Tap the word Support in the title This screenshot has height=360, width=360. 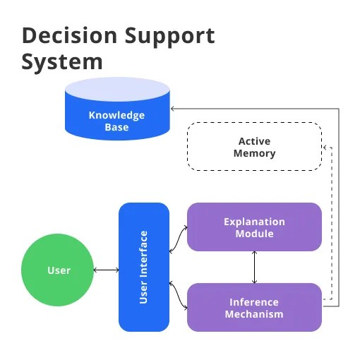click(167, 36)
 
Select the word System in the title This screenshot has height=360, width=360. click(62, 61)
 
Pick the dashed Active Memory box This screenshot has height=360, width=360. click(254, 147)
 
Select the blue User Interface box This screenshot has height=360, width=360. click(144, 267)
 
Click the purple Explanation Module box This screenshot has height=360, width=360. click(254, 227)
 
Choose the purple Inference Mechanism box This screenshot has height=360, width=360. click(254, 307)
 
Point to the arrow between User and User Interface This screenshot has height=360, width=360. click(107, 270)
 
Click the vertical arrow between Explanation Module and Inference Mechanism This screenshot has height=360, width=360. click(254, 267)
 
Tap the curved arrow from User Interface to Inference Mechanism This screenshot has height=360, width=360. click(178, 295)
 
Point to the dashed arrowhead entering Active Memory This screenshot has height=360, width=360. click(325, 147)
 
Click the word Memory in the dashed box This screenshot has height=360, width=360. click(254, 153)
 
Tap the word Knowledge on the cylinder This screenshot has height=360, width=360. click(117, 115)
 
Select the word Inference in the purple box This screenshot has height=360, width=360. click(254, 302)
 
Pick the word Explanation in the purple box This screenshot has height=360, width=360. click(254, 222)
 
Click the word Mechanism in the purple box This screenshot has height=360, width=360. click(254, 313)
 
